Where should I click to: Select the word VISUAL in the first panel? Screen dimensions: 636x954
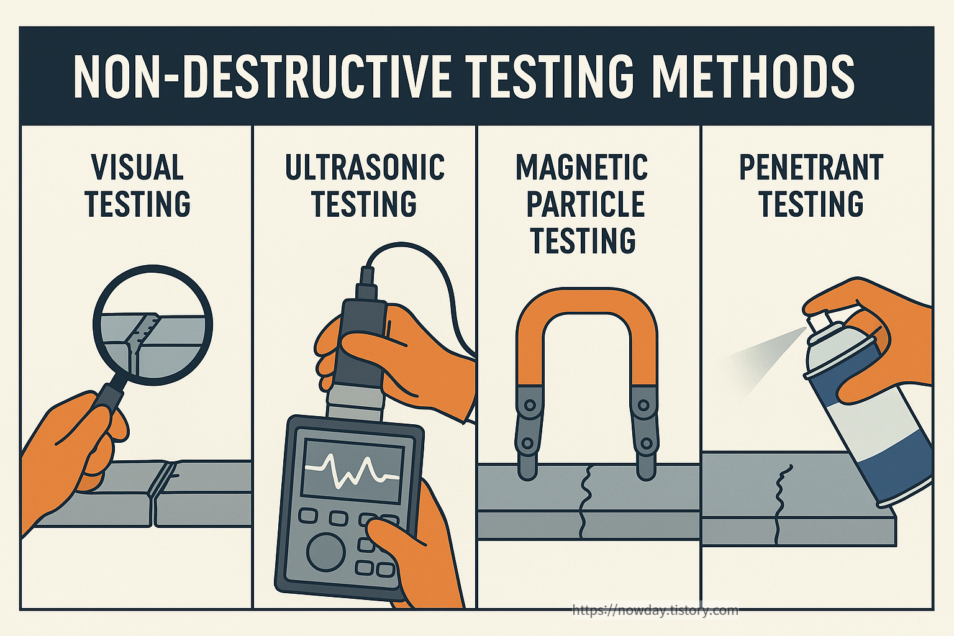pyautogui.click(x=137, y=167)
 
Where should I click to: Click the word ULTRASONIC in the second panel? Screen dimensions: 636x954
pyautogui.click(x=365, y=167)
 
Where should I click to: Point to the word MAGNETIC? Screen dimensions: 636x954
pyautogui.click(x=582, y=167)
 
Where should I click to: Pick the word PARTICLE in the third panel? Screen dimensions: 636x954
pyautogui.click(x=586, y=204)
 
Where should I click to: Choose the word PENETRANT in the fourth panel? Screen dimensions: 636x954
pyautogui.click(x=811, y=167)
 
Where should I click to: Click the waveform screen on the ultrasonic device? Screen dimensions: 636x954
pyautogui.click(x=352, y=473)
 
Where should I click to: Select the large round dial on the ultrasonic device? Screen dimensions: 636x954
pyautogui.click(x=325, y=550)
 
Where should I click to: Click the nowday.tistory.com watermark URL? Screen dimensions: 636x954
pyautogui.click(x=655, y=610)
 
